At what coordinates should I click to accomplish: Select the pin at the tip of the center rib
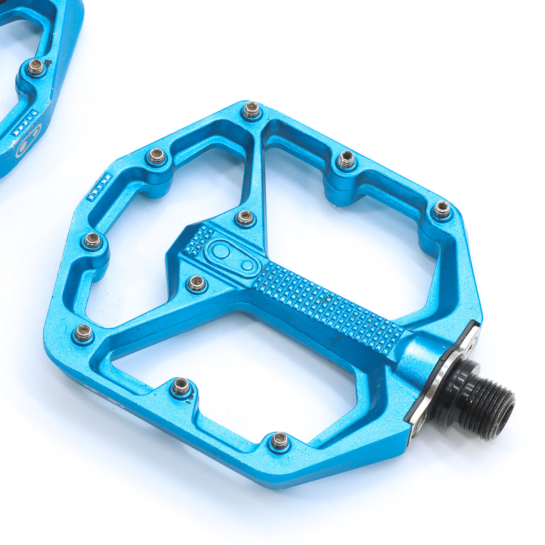[x=251, y=110]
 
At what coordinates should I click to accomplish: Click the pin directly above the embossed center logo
[x=245, y=218]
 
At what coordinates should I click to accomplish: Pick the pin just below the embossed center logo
[x=196, y=283]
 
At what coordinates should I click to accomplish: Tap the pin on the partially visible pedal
[x=36, y=67]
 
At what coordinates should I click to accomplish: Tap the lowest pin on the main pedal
[x=279, y=440]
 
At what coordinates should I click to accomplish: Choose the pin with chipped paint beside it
[x=182, y=386]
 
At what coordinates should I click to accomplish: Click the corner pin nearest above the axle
[x=442, y=209]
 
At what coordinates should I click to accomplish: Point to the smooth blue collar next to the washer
[x=418, y=355]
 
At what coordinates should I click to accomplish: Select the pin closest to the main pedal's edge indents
[x=157, y=156]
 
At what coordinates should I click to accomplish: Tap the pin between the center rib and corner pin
[x=346, y=159]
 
